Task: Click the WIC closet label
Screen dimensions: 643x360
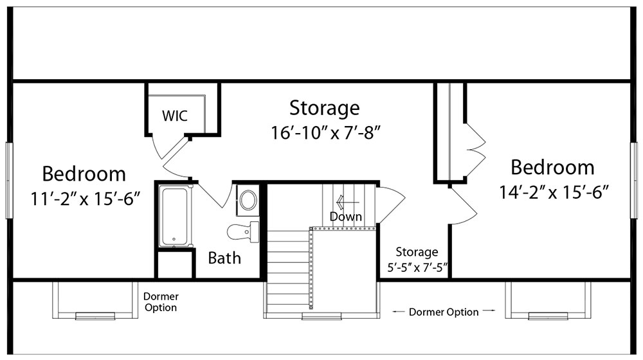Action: coord(175,116)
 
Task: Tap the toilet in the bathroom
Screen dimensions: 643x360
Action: coord(243,232)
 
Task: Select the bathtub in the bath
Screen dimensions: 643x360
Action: coord(176,216)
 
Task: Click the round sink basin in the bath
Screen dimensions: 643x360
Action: coord(248,200)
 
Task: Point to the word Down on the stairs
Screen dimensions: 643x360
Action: coord(346,217)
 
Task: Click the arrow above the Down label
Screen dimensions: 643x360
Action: coord(347,202)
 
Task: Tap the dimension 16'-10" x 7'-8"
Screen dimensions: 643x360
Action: coord(326,132)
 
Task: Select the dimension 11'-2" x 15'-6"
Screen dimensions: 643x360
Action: coord(86,199)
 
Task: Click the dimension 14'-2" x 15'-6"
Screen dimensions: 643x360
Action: coord(554,192)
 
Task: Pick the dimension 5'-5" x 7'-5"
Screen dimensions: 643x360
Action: coord(417,267)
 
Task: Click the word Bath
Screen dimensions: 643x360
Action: coord(224,258)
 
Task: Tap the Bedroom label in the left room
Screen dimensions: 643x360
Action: coord(84,174)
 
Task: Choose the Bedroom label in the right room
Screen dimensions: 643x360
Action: coord(552,167)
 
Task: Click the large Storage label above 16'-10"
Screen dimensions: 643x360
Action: coord(324,108)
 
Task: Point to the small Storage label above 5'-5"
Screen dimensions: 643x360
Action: coord(417,252)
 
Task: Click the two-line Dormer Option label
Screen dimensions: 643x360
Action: coord(161,302)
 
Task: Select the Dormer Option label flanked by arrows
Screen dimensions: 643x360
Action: coord(444,312)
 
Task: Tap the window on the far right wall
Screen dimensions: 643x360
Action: coord(635,181)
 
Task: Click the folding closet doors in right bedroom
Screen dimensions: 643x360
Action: coord(476,150)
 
